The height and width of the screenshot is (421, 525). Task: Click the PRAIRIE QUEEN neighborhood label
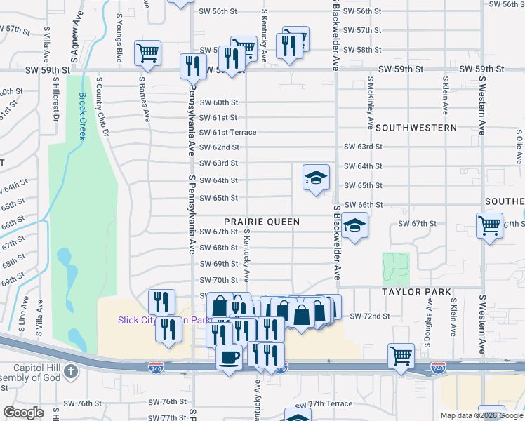[x=262, y=222]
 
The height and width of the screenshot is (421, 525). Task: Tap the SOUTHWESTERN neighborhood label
[x=416, y=128]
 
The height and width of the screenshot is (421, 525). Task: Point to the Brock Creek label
[x=82, y=116]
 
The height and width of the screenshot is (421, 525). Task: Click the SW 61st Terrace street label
[x=228, y=133]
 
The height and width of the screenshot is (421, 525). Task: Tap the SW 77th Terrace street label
[x=324, y=404]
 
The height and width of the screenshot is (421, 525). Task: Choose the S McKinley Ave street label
[x=369, y=102]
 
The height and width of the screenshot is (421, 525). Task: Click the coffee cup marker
[x=229, y=357]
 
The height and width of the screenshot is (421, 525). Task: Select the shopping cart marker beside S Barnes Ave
[x=148, y=53]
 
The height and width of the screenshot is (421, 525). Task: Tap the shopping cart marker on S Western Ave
[x=489, y=227]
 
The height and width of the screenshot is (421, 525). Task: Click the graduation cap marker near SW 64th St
[x=316, y=178]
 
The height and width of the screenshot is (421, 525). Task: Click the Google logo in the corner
[x=24, y=412]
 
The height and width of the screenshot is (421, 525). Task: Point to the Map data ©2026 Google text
[x=481, y=415]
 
